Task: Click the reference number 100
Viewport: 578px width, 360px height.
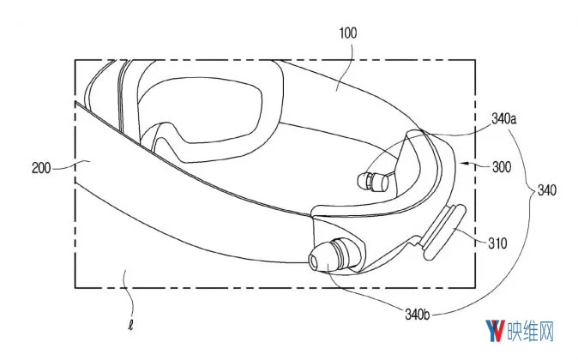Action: [348, 33]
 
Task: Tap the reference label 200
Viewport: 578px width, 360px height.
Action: [41, 168]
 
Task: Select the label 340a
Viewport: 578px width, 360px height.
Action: [504, 119]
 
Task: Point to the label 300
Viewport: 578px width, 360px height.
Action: [502, 167]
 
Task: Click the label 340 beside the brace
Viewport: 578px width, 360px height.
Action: [547, 190]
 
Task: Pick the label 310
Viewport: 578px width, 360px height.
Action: [497, 243]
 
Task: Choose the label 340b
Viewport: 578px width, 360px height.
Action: [418, 315]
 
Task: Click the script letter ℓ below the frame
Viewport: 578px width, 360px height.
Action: [130, 326]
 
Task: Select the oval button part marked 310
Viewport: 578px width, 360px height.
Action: [443, 231]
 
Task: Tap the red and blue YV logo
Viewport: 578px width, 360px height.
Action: [495, 331]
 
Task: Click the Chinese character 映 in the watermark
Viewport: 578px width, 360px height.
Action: [515, 331]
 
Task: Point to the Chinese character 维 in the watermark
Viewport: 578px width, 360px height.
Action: [531, 331]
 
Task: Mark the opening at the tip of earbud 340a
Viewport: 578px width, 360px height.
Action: [361, 181]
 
